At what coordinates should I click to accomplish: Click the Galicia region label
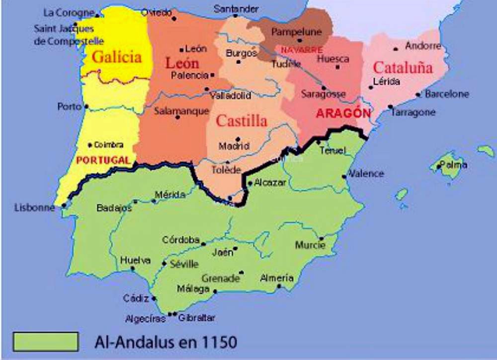(x=117, y=57)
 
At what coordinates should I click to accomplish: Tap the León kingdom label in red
(x=182, y=63)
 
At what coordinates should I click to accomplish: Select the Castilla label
(x=242, y=121)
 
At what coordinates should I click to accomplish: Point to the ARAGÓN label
(x=343, y=113)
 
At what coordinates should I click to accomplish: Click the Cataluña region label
(x=403, y=68)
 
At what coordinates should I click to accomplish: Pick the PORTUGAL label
(x=103, y=161)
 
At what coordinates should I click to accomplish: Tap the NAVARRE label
(x=302, y=50)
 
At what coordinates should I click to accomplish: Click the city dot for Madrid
(x=238, y=139)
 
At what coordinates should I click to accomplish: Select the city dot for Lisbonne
(x=64, y=205)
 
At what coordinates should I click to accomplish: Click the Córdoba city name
(x=181, y=240)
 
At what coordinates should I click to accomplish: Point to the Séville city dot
(x=164, y=263)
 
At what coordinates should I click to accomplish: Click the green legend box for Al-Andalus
(x=46, y=342)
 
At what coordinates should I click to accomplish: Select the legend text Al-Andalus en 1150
(x=166, y=342)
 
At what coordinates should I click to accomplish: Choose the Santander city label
(x=236, y=8)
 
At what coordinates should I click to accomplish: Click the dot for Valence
(x=344, y=176)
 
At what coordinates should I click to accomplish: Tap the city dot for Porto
(x=86, y=106)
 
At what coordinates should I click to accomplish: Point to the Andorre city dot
(x=396, y=49)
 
